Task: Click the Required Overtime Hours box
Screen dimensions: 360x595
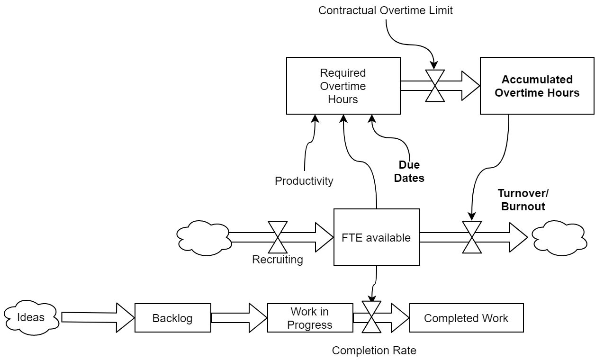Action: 343,86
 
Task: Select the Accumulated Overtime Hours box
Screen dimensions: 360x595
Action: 537,86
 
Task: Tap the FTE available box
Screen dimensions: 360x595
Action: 376,237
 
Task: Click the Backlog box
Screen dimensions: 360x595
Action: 172,318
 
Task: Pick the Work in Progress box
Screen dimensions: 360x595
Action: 310,318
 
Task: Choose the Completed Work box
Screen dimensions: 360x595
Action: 466,318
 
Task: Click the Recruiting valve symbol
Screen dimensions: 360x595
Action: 278,237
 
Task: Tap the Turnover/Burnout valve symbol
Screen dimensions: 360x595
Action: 472,237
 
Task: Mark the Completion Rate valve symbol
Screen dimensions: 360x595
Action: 371,317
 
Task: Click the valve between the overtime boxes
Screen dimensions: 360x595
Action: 434,86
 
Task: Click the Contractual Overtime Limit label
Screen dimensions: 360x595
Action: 385,10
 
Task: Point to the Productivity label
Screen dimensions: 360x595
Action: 304,181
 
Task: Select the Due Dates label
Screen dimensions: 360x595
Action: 409,171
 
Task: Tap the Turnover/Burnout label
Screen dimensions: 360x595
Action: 523,200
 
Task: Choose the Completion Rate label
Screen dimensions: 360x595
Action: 374,351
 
